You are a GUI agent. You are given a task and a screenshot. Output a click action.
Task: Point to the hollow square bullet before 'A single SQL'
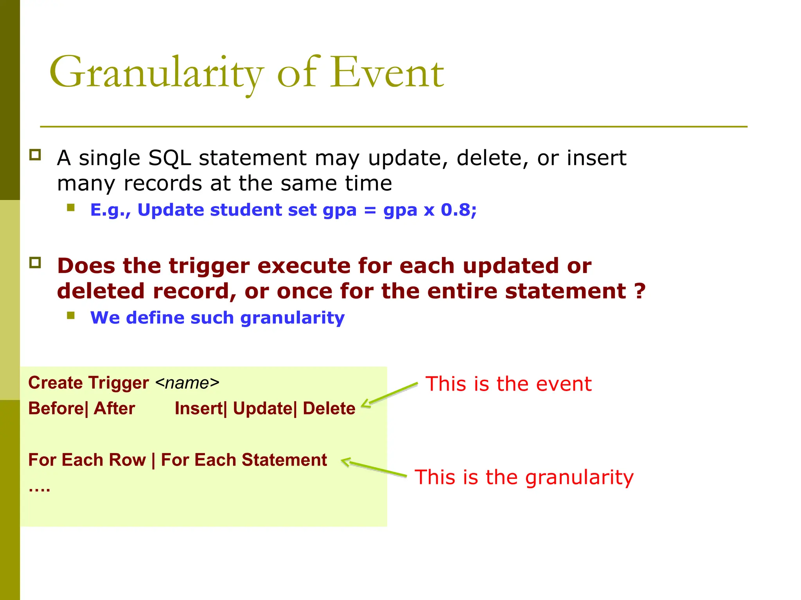pos(35,155)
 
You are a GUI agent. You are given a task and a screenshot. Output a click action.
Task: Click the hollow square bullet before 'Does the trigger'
pos(35,262)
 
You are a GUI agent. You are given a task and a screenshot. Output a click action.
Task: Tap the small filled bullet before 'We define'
pos(71,315)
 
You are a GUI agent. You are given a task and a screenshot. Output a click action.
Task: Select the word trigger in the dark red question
pos(209,266)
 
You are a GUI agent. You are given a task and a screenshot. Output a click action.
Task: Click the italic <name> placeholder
pos(187,383)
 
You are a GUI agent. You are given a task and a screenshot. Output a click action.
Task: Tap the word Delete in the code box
pos(329,409)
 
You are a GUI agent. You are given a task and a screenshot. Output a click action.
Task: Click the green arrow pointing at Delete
pos(389,395)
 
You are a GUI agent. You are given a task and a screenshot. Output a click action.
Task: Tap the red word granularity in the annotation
pos(579,478)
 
